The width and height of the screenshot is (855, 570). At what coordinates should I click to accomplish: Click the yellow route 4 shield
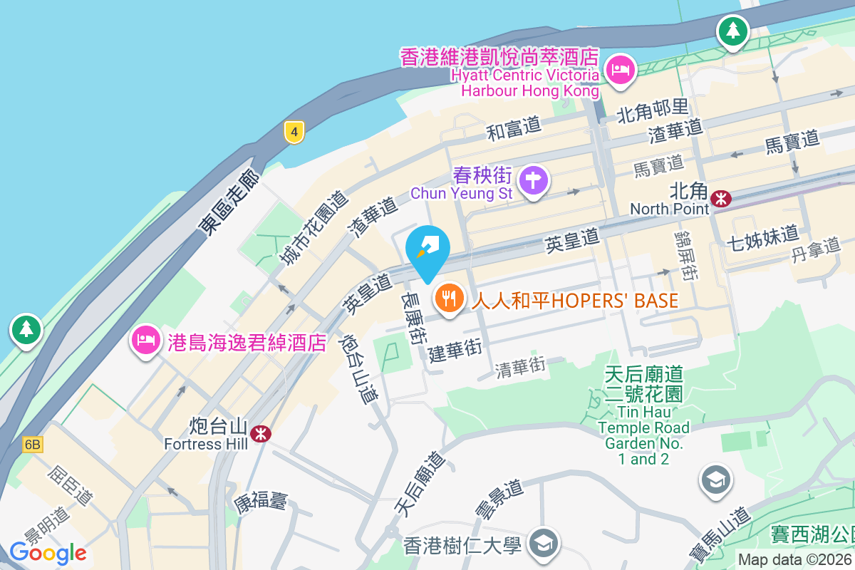click(x=294, y=131)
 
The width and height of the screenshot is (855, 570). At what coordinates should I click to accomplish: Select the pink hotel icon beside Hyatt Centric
click(x=621, y=71)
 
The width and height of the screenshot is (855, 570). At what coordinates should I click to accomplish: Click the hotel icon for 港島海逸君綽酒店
click(x=145, y=340)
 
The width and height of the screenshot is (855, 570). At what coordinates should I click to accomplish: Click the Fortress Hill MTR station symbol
click(x=261, y=432)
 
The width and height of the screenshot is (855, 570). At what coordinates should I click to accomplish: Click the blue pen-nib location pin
click(x=427, y=249)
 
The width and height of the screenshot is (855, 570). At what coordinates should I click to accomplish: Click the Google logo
click(x=48, y=553)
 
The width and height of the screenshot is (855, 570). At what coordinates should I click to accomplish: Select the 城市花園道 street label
click(x=313, y=228)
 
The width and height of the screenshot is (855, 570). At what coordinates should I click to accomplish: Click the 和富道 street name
click(x=514, y=128)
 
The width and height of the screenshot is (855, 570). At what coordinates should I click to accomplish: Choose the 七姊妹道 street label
click(x=762, y=235)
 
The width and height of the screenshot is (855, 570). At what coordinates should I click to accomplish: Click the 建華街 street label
click(x=455, y=350)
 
